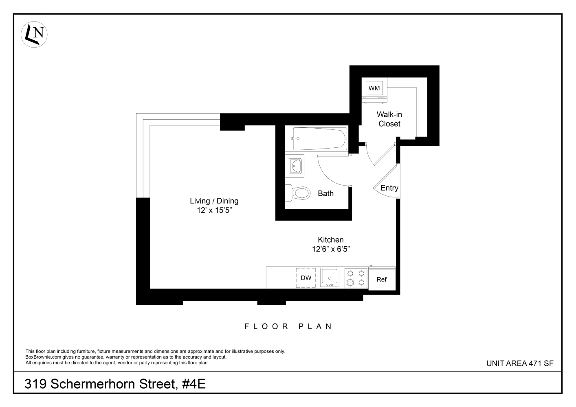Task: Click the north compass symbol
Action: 34,34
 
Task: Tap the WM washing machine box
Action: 374,88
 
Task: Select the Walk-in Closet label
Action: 389,119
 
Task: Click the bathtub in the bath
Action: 319,138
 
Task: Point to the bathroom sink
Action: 295,166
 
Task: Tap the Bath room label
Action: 325,193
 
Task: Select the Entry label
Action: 389,188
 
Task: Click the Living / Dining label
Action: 214,201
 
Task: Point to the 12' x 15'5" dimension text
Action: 214,210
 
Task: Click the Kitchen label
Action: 330,240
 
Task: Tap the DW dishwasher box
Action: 306,278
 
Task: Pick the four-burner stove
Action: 356,278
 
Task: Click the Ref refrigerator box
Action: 382,280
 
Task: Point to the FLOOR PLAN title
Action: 288,326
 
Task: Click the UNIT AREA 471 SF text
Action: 520,363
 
